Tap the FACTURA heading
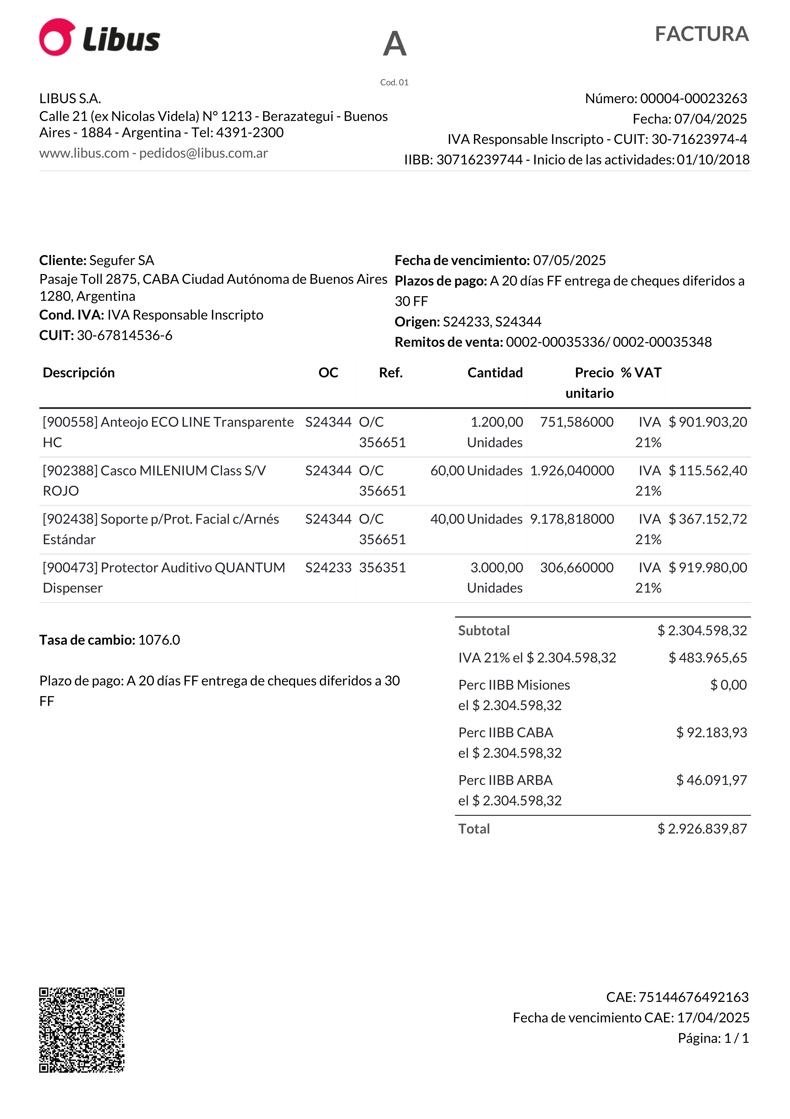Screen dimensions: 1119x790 pos(701,34)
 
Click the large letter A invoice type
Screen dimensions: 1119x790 pos(394,44)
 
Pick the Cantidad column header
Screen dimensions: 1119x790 pos(495,373)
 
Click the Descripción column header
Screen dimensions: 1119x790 pos(79,373)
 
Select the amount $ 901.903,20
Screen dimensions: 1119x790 pos(707,422)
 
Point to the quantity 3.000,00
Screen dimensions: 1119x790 pos(496,568)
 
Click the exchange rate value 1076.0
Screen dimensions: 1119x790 pos(159,640)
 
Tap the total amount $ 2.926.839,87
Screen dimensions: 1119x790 pos(702,829)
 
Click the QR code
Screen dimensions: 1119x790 pos(82,1030)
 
